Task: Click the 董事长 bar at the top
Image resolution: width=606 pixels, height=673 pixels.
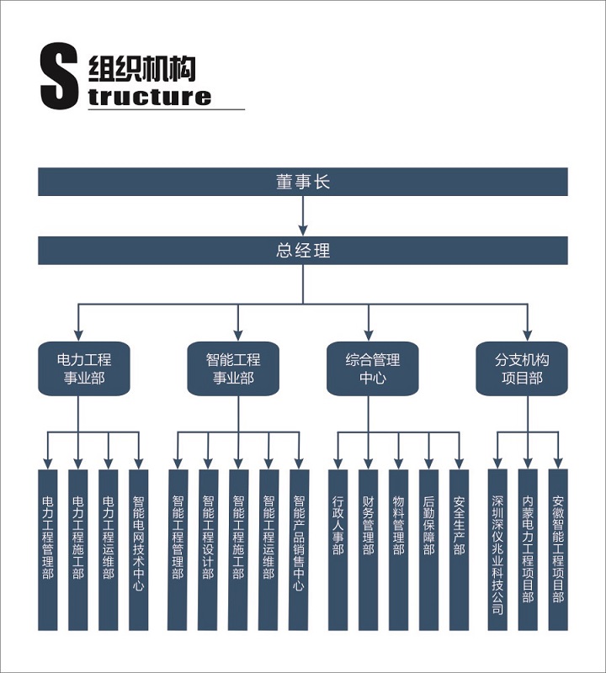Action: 303,182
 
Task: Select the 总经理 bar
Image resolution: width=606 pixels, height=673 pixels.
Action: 303,250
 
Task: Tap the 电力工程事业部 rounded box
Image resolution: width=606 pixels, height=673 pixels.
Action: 84,368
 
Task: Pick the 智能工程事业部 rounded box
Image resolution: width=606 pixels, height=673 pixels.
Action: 233,368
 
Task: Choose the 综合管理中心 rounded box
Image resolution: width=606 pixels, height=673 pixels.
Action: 372,368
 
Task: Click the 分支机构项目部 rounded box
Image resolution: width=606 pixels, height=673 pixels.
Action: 522,368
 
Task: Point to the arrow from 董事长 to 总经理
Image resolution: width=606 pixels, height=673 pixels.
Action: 303,216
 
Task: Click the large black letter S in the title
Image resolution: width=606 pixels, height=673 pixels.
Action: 59,76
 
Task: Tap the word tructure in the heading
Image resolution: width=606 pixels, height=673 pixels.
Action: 150,97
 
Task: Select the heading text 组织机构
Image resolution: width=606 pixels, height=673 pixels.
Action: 142,69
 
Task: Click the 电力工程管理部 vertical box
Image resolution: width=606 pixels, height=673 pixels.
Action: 48,550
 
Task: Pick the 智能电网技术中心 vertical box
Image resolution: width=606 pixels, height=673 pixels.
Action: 138,550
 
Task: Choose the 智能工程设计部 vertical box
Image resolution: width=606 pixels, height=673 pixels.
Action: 208,550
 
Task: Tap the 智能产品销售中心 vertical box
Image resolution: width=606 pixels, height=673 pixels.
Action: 299,550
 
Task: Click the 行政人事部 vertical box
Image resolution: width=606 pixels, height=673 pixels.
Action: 338,550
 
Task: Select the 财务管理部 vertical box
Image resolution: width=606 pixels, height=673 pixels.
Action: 369,550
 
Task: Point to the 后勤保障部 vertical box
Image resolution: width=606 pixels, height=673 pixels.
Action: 429,550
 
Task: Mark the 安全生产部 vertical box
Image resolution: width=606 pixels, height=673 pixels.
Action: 459,550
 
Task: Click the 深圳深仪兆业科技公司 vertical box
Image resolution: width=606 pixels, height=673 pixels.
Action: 497,550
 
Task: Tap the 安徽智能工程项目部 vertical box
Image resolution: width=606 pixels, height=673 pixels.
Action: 558,550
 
